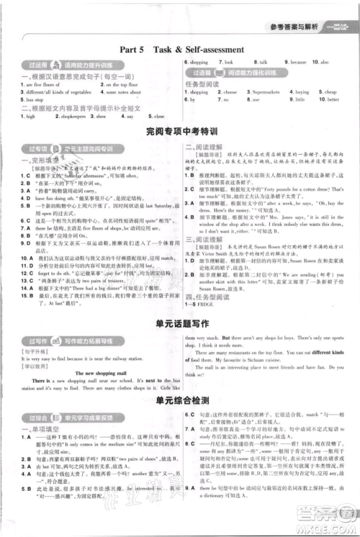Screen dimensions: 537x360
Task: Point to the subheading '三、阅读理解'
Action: (203, 220)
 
